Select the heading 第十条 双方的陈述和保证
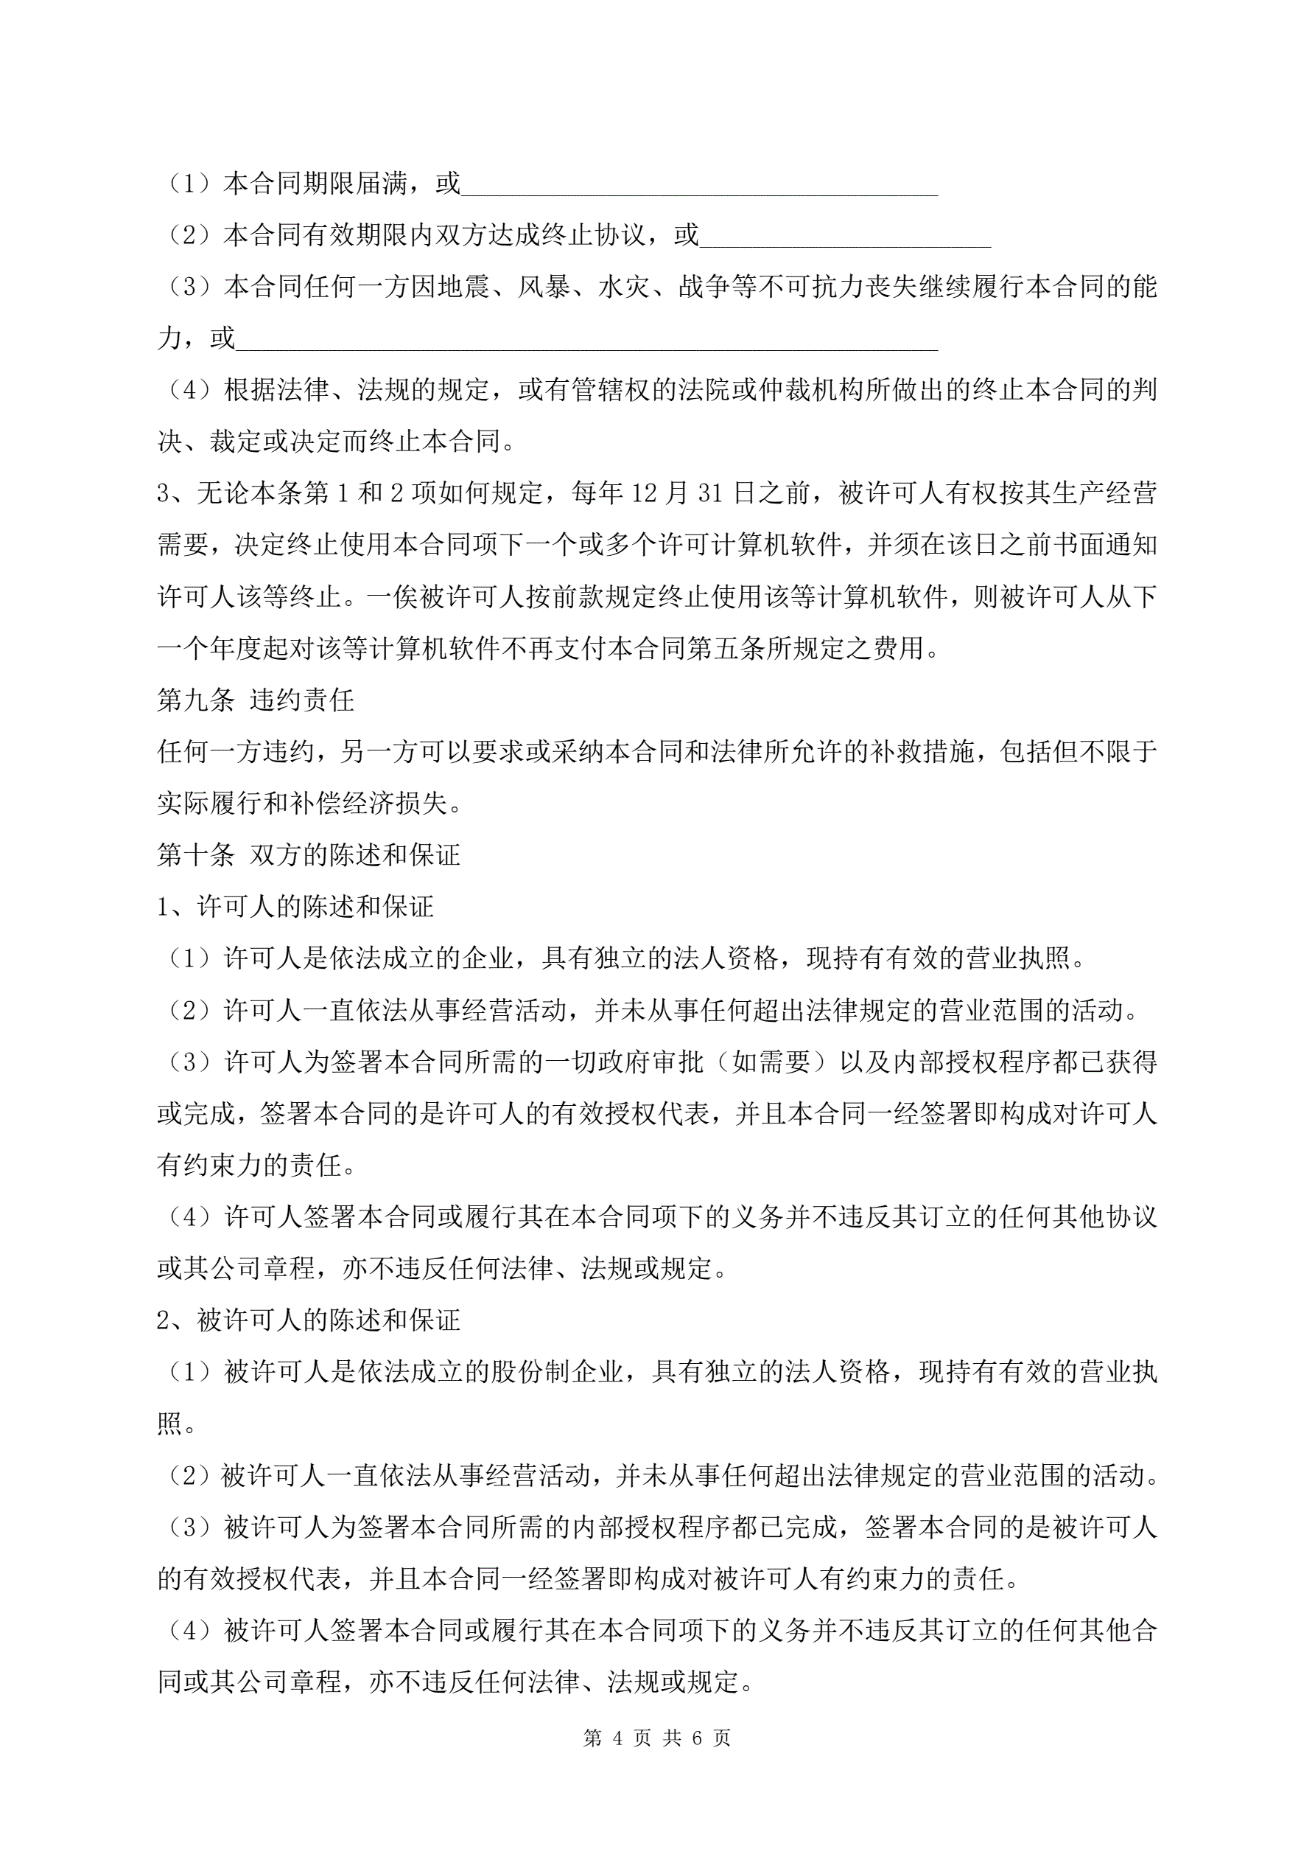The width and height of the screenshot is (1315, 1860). pyautogui.click(x=309, y=854)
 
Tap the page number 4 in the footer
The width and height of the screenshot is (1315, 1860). pyautogui.click(x=618, y=1738)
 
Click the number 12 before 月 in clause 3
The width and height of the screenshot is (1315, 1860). pyautogui.click(x=645, y=493)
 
